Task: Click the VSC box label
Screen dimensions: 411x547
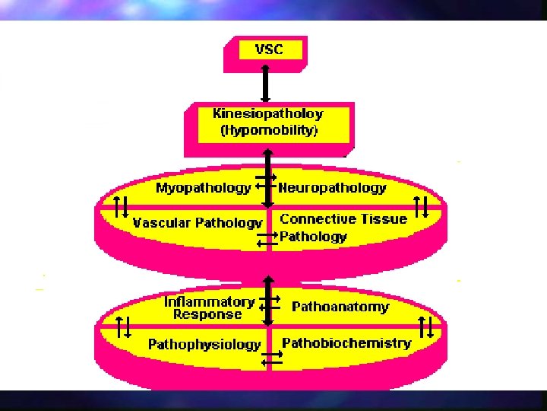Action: pos(268,49)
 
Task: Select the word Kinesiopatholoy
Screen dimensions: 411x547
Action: pos(267,114)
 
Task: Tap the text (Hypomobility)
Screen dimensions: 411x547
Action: pos(268,130)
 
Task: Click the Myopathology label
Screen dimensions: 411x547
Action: pos(203,187)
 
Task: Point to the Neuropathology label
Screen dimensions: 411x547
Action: pos(333,187)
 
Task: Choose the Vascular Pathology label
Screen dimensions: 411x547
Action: pos(197,223)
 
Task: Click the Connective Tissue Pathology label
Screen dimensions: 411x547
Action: pos(343,228)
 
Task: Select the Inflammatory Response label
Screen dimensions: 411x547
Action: pos(209,307)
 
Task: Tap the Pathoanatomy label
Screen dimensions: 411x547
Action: pos(340,307)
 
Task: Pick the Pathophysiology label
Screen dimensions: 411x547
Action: pos(204,345)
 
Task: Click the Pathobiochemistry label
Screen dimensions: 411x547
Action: pos(346,343)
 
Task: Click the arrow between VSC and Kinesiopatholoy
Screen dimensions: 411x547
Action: pos(265,82)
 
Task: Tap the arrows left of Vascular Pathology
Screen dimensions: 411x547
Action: pos(120,206)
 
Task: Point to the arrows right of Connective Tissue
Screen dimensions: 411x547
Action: pos(423,206)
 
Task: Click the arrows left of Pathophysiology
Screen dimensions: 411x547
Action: pos(124,327)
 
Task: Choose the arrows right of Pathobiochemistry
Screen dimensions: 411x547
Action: pos(426,327)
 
